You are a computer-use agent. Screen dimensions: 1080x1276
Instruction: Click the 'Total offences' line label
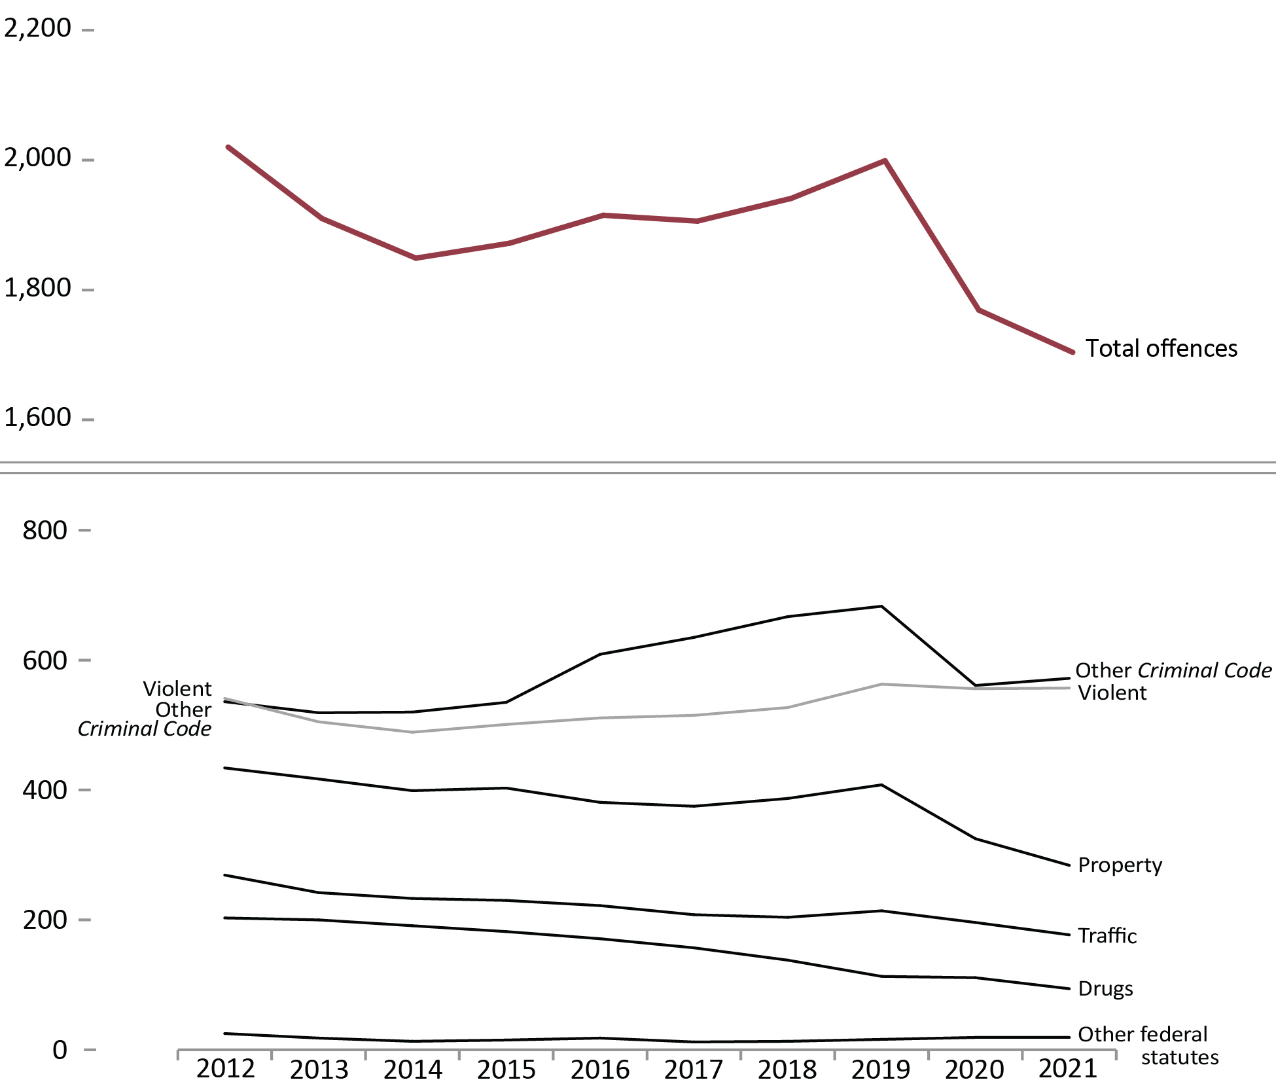(x=1161, y=348)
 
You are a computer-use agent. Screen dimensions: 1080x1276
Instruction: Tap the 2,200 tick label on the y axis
(x=37, y=28)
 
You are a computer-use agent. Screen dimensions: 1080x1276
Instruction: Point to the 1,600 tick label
(x=37, y=418)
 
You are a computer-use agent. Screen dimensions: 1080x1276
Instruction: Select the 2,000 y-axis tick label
(x=37, y=158)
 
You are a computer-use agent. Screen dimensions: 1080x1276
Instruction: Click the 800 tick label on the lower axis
(x=44, y=530)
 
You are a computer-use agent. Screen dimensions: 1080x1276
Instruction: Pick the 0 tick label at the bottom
(x=60, y=1050)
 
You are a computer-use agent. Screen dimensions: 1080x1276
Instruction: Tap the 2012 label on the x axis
(x=226, y=1068)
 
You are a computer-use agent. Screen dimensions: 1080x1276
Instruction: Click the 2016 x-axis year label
(x=600, y=1068)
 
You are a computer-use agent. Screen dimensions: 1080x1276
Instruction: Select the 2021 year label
(x=1068, y=1068)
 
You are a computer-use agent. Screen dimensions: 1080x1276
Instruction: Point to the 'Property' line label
(x=1120, y=865)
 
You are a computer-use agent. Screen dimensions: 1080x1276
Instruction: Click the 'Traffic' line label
(x=1107, y=935)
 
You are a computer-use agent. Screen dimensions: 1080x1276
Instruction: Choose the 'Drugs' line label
(x=1105, y=988)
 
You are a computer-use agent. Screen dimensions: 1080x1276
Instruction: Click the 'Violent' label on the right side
(x=1112, y=693)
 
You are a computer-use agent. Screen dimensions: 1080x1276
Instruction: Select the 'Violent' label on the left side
(x=177, y=689)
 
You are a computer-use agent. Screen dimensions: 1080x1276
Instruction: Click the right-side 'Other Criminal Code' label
(x=1173, y=670)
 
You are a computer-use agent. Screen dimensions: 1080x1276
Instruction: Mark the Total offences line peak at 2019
(x=885, y=160)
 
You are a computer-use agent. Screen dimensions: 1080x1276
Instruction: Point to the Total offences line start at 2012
(x=228, y=147)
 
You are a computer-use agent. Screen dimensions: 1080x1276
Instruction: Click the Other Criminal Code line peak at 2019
(x=882, y=607)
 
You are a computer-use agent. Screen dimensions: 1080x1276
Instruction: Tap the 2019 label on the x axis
(x=881, y=1068)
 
